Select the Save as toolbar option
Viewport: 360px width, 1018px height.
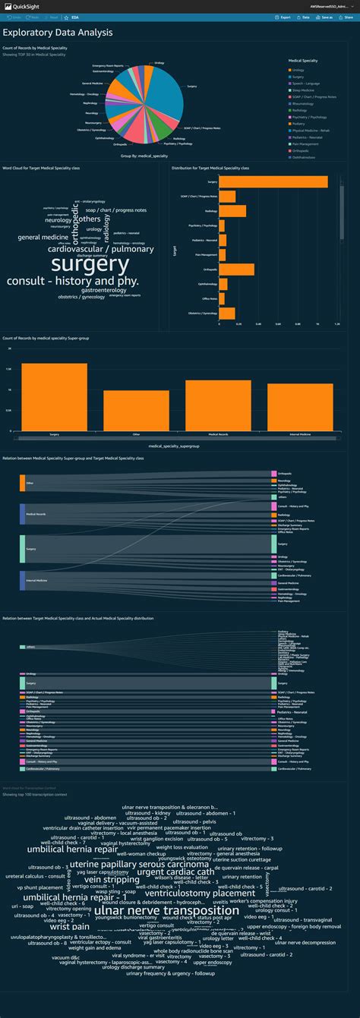pos(325,16)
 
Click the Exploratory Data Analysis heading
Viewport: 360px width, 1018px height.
pos(58,33)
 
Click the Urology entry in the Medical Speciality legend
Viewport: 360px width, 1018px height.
pos(297,70)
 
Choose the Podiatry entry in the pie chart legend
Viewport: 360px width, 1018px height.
pos(298,124)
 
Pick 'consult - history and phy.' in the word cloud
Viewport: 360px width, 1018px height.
pos(73,281)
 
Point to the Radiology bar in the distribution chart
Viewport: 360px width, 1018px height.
pos(232,210)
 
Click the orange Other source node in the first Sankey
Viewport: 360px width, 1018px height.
pos(22,482)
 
